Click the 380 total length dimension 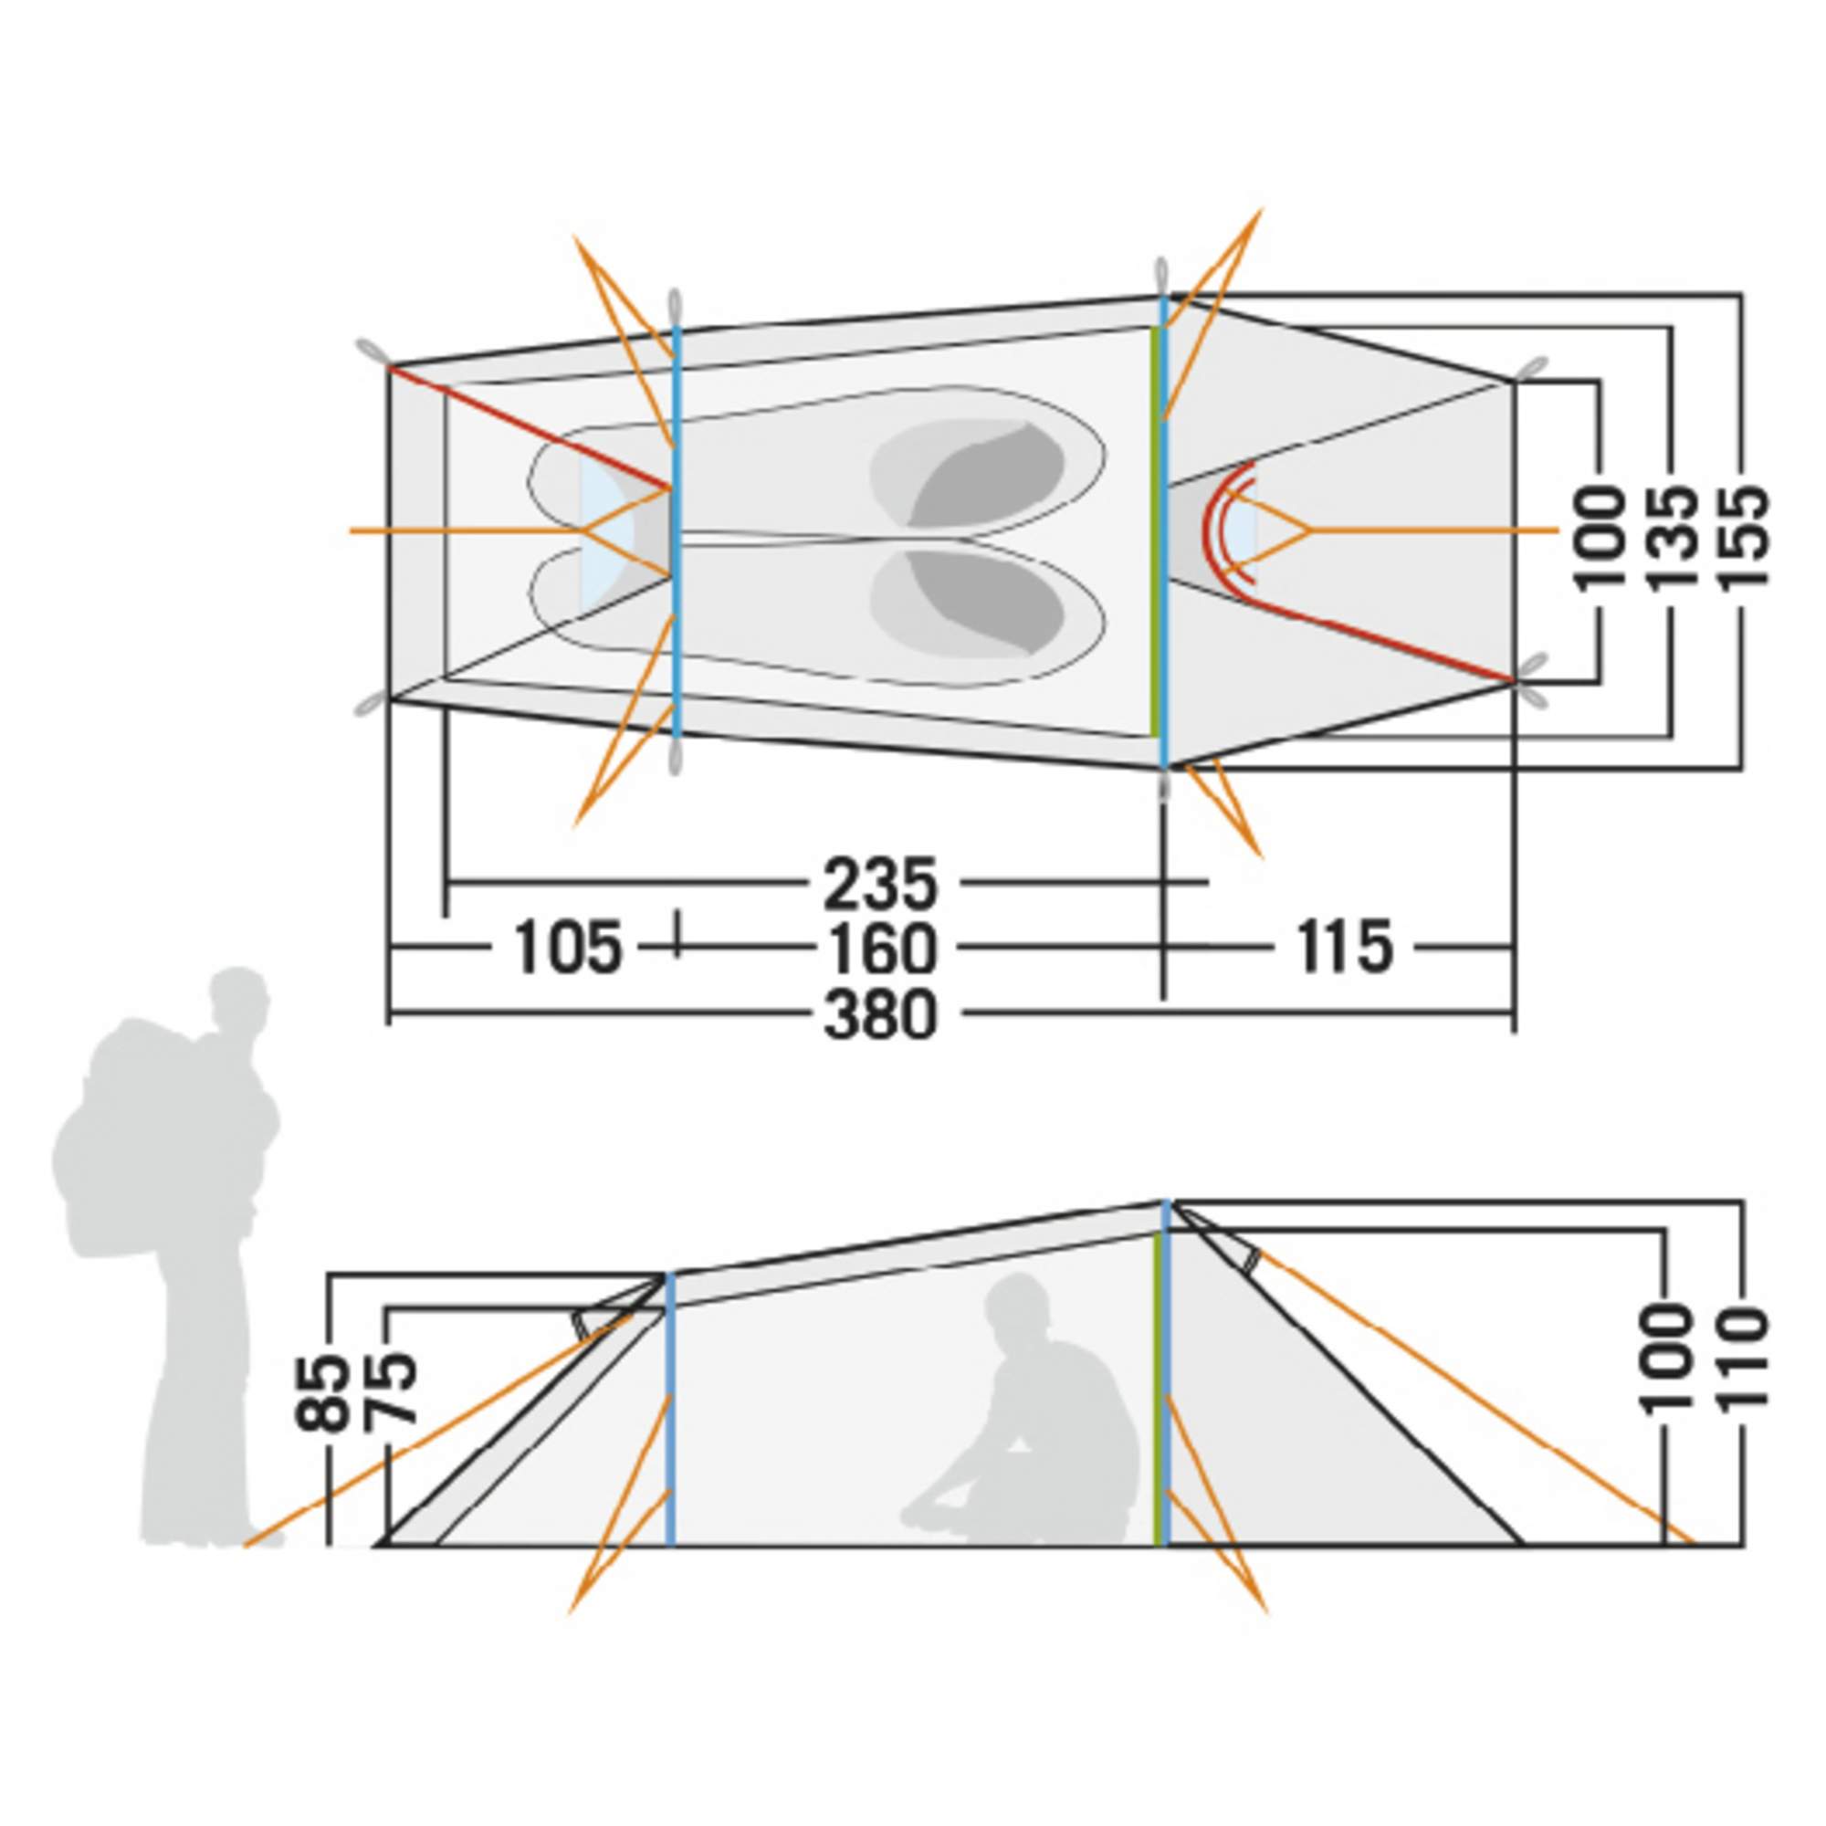pyautogui.click(x=880, y=1015)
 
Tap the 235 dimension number pyautogui.click(x=880, y=884)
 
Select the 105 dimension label pyautogui.click(x=569, y=948)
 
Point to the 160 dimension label pyautogui.click(x=880, y=949)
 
